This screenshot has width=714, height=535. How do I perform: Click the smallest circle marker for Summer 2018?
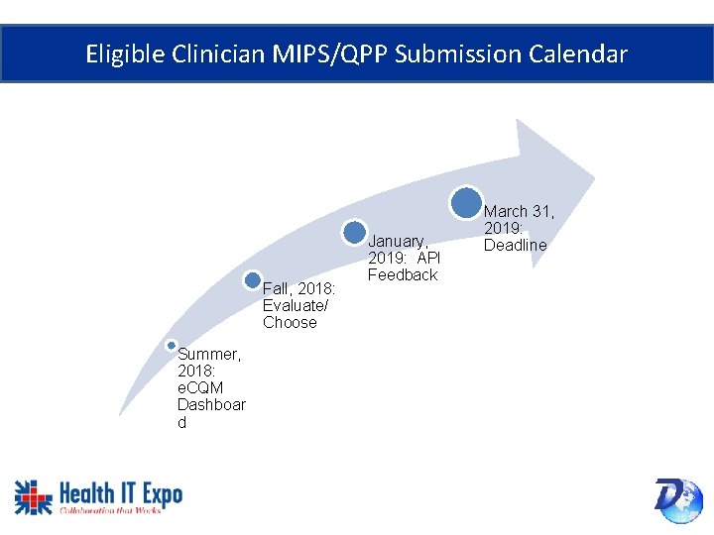click(x=172, y=345)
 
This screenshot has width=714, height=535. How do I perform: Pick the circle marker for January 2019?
click(x=354, y=232)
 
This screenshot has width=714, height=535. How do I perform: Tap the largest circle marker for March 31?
click(x=465, y=202)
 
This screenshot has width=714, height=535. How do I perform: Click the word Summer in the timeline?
click(x=208, y=354)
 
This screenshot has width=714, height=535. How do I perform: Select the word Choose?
click(x=290, y=322)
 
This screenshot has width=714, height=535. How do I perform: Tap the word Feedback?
click(x=402, y=274)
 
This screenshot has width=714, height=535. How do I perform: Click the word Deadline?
click(x=515, y=245)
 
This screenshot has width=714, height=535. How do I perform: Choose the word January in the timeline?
click(x=398, y=241)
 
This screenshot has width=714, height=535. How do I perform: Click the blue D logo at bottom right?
click(x=677, y=498)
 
